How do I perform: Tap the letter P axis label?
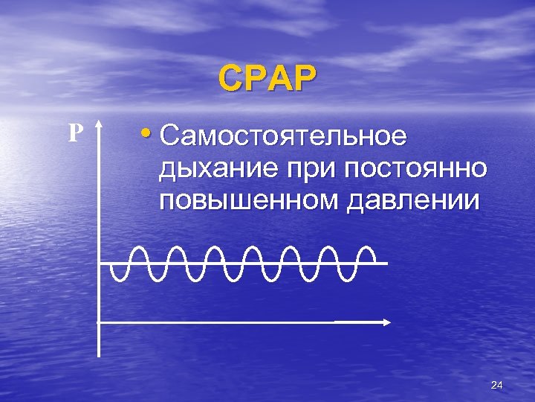tap(74, 133)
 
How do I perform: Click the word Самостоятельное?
tap(283, 136)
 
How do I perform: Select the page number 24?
tap(497, 385)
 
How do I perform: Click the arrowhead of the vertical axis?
tap(100, 130)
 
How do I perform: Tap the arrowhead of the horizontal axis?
tap(387, 322)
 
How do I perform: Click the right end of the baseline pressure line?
tap(386, 264)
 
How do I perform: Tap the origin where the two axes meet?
tap(100, 322)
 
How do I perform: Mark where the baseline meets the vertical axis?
tap(100, 264)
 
